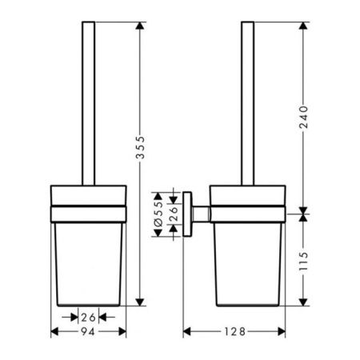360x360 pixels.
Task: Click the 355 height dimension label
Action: pyautogui.click(x=140, y=147)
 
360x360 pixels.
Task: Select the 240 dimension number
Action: pyautogui.click(x=303, y=117)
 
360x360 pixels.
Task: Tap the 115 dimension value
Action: pyautogui.click(x=303, y=261)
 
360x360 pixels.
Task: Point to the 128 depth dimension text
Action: pyautogui.click(x=234, y=332)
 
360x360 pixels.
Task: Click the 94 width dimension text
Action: pyautogui.click(x=88, y=332)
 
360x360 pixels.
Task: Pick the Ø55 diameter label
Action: pyautogui.click(x=158, y=214)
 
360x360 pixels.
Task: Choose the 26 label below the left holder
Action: pyautogui.click(x=88, y=318)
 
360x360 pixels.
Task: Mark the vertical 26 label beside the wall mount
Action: pyautogui.click(x=174, y=214)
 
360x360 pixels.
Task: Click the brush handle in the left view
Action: pyautogui.click(x=88, y=103)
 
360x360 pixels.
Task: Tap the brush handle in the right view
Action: pyautogui.click(x=247, y=103)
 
